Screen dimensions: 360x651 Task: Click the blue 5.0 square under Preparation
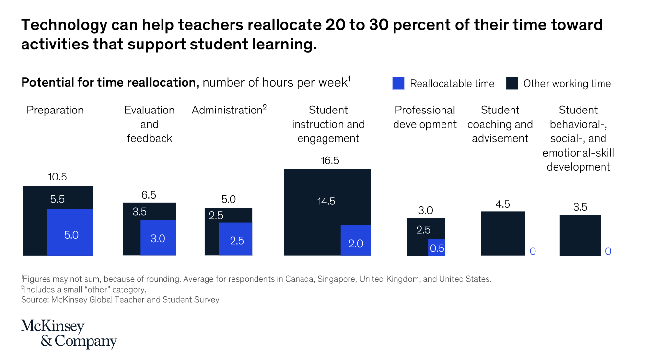pyautogui.click(x=70, y=232)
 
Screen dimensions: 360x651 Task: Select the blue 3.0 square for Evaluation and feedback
pyautogui.click(x=158, y=238)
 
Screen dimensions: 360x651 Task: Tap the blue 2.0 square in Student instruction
pyautogui.click(x=356, y=240)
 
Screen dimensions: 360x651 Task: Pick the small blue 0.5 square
pyautogui.click(x=437, y=247)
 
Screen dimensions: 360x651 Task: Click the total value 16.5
pyautogui.click(x=329, y=160)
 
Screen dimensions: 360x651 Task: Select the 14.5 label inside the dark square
pyautogui.click(x=325, y=201)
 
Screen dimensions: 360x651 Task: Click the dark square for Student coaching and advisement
pyautogui.click(x=503, y=233)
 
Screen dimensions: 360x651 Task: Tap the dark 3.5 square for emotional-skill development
pyautogui.click(x=580, y=235)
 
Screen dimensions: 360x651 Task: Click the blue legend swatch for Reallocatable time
pyautogui.click(x=398, y=84)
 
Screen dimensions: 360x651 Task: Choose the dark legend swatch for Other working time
pyautogui.click(x=512, y=84)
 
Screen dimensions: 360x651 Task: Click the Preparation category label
pyautogui.click(x=55, y=110)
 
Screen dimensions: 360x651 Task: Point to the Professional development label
pyautogui.click(x=425, y=117)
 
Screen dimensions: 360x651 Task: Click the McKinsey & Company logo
pyautogui.click(x=69, y=334)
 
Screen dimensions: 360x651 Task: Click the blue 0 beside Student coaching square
pyautogui.click(x=533, y=251)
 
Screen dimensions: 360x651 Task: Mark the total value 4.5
pyautogui.click(x=503, y=204)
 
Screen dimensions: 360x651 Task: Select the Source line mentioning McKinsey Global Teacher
pyautogui.click(x=120, y=300)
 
